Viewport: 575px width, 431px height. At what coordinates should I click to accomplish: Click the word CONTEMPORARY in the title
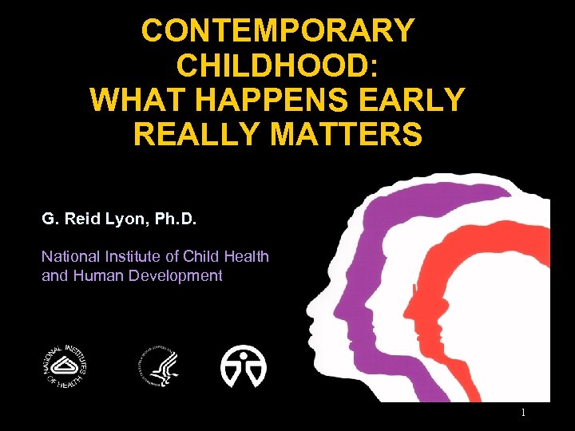277,31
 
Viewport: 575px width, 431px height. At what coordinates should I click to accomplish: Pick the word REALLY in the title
196,134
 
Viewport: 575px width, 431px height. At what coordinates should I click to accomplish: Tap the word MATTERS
347,134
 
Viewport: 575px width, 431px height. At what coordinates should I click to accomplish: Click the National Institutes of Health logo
64,366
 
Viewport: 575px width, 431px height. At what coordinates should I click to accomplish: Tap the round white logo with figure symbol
244,366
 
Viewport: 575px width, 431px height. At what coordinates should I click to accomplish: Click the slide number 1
522,413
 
